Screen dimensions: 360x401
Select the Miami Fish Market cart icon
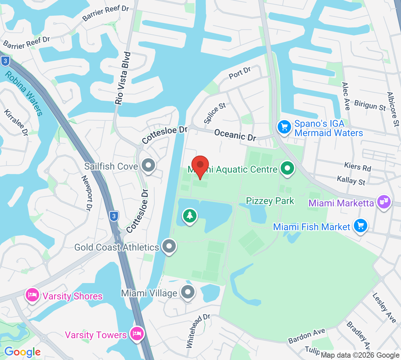pos(360,226)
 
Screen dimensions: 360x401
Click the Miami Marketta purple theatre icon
pos(384,202)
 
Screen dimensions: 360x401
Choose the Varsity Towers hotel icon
pos(137,334)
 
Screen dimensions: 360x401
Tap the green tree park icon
pos(190,216)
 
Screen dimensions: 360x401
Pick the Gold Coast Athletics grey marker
pos(169,246)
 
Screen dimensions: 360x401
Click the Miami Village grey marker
pos(188,292)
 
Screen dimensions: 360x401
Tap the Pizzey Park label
pos(270,201)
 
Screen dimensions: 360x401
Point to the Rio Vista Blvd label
pos(123,78)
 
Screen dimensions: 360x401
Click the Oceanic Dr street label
pos(235,134)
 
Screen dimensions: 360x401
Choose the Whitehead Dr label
pos(197,331)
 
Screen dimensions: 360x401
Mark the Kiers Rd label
pos(358,166)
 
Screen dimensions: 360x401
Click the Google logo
pos(22,352)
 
